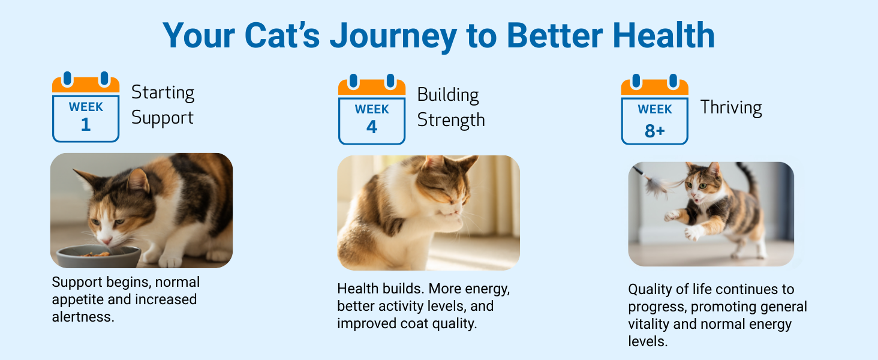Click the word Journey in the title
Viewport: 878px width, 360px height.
click(x=393, y=37)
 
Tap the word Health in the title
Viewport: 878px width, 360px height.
click(x=663, y=35)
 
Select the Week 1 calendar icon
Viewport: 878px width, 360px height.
click(x=86, y=107)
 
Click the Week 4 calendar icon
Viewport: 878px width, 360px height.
click(x=372, y=109)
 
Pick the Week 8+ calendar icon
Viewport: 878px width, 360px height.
click(x=654, y=109)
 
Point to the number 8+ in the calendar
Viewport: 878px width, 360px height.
click(x=655, y=131)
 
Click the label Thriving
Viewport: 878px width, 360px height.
click(x=731, y=108)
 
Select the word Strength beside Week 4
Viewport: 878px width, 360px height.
click(x=451, y=120)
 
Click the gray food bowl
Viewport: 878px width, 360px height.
click(x=98, y=257)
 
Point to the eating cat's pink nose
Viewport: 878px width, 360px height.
click(x=106, y=239)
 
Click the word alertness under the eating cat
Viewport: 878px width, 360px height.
click(x=83, y=317)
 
